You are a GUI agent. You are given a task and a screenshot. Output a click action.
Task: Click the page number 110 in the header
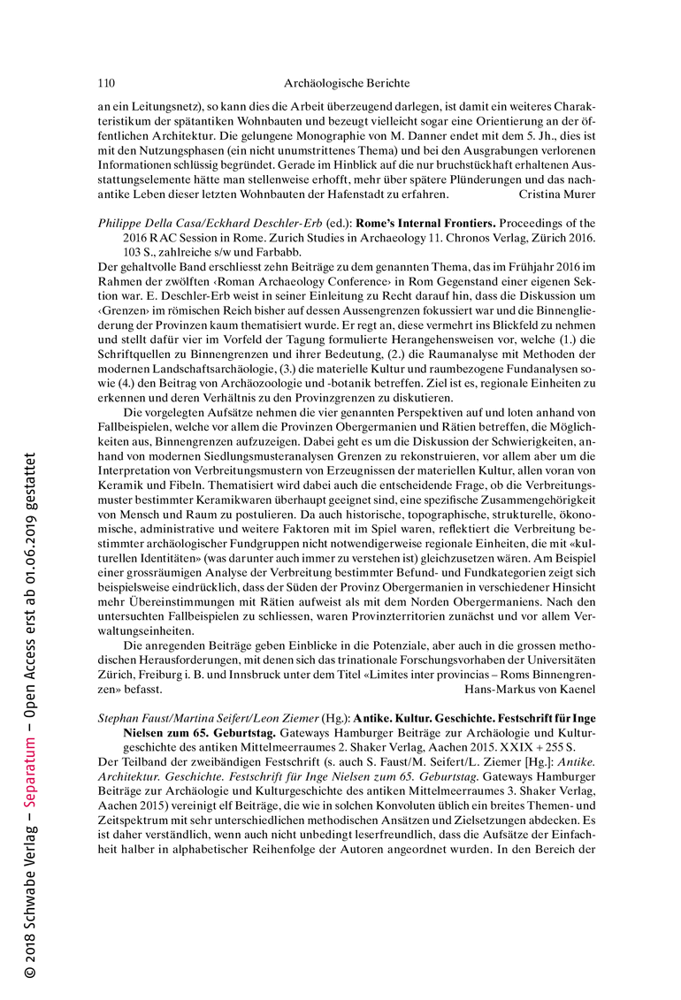click(x=106, y=84)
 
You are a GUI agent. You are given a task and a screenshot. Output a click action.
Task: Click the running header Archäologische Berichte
click(x=347, y=84)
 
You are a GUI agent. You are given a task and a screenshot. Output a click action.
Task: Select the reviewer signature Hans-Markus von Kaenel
click(x=531, y=687)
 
